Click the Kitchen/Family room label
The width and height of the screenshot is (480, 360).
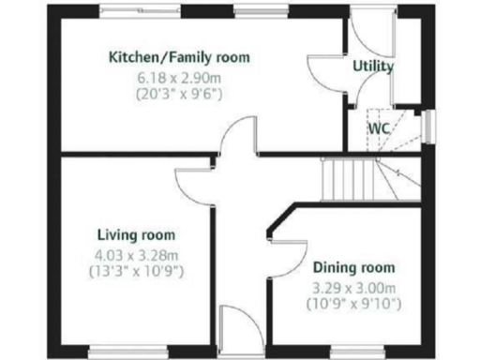[179, 57]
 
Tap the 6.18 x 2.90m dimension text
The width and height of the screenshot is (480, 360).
[179, 76]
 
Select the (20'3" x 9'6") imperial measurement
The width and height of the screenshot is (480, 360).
[179, 94]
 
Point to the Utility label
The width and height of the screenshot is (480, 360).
[372, 67]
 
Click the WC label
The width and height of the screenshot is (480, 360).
[379, 127]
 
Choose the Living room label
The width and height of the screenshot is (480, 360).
[137, 234]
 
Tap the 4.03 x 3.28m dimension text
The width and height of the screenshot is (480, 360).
[137, 253]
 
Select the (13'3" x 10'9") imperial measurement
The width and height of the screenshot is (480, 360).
[137, 271]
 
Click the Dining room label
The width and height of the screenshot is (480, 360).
[352, 266]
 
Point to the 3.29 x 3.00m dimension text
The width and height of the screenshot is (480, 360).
[352, 287]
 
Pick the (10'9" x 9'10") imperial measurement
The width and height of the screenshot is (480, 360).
[352, 304]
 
